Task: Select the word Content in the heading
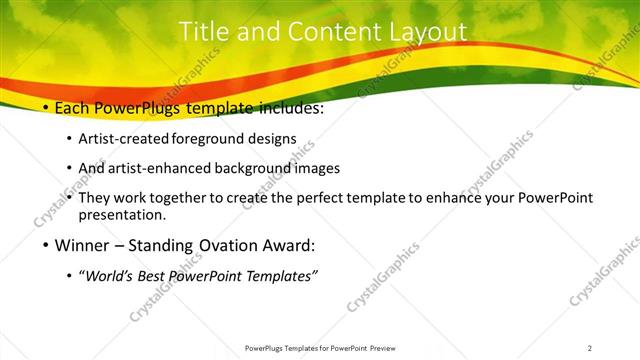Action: tap(323, 32)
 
